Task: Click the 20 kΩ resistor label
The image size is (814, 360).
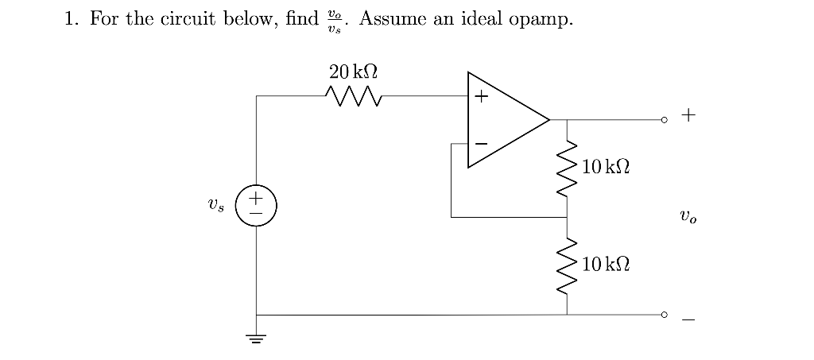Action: (353, 72)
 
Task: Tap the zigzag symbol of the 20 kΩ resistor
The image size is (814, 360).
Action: (354, 97)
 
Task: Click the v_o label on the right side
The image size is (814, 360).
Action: (688, 216)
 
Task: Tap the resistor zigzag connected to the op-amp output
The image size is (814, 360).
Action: (567, 168)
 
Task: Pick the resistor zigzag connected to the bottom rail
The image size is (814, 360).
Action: (567, 265)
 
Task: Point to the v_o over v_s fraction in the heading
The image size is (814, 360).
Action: (334, 20)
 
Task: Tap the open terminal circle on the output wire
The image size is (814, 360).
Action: (664, 120)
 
